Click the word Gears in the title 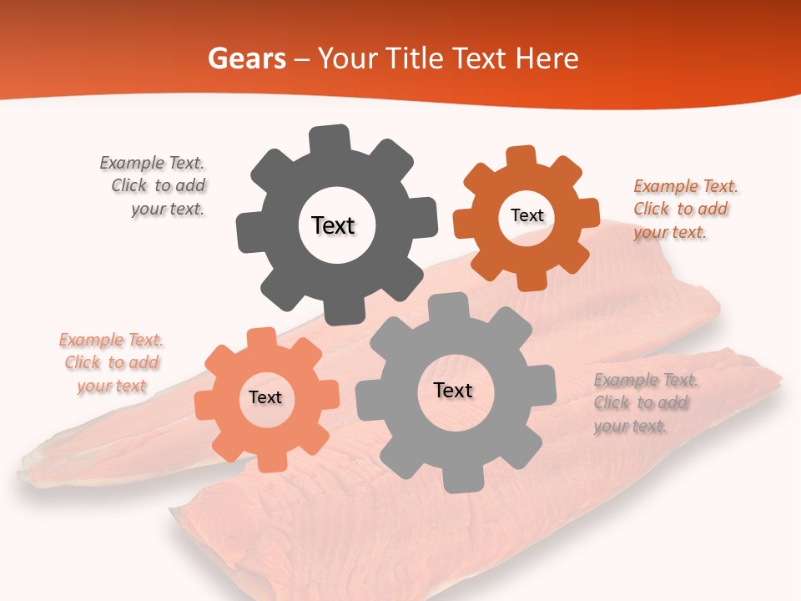(x=246, y=58)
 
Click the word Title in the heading (x=414, y=58)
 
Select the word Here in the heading (x=547, y=58)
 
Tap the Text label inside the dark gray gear (x=333, y=225)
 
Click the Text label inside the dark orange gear (x=526, y=215)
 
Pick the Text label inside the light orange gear (x=265, y=397)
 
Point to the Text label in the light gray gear (x=453, y=390)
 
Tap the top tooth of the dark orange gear (x=521, y=157)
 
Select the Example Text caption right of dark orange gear (x=684, y=209)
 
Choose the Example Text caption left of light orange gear (x=111, y=363)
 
